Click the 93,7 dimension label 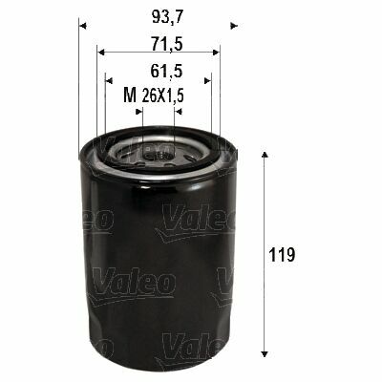pos(167,16)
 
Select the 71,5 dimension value pos(167,44)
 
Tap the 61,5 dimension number pos(167,71)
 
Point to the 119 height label pos(282,254)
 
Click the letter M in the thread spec pos(130,95)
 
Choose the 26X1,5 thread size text pos(162,95)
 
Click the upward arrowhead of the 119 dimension pos(264,154)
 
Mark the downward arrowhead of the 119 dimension pos(264,354)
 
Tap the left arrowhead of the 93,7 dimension pos(82,26)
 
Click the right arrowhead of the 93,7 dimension pos(234,26)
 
